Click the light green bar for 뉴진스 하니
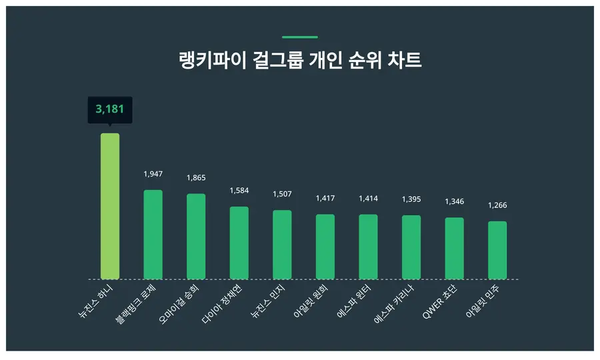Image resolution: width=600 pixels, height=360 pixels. (x=110, y=206)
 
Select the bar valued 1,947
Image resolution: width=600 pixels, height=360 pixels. (x=153, y=234)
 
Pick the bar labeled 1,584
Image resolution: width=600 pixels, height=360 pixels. (x=239, y=243)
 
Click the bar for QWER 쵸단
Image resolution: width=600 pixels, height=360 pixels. (x=454, y=248)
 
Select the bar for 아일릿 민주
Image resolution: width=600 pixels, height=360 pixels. (x=497, y=250)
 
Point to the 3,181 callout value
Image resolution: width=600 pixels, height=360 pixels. (x=110, y=109)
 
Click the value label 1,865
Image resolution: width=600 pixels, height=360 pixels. (x=196, y=178)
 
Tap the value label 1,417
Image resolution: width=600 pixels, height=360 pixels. (x=325, y=199)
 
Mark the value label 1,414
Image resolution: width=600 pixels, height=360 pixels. (x=368, y=199)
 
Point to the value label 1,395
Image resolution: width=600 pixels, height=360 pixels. (x=411, y=199)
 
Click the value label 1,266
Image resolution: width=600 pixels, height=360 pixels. (x=497, y=205)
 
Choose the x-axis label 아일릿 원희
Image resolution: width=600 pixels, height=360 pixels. (x=311, y=302)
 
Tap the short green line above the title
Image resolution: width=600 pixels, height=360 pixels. (x=300, y=37)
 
